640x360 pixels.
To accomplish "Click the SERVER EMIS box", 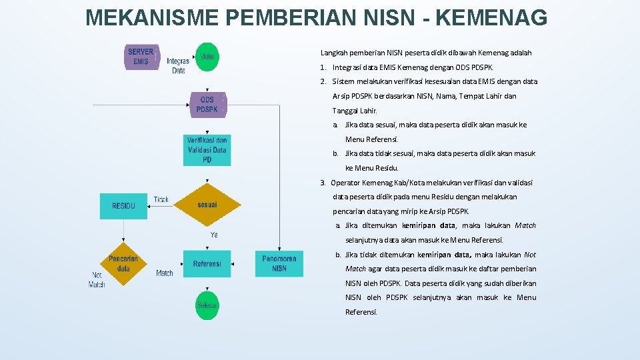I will click(141, 57).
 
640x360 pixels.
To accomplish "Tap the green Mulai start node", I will click(207, 57).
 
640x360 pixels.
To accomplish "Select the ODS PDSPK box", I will click(207, 105).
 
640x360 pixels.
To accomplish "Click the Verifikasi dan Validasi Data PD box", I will click(207, 150).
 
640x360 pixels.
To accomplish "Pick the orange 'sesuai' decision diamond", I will click(207, 205).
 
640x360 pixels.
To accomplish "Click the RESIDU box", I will click(123, 206).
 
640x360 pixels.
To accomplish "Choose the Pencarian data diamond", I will click(123, 263).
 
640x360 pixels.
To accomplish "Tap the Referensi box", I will click(207, 264).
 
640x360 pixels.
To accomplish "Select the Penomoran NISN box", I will click(279, 263).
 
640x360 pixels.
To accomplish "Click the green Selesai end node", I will click(207, 305).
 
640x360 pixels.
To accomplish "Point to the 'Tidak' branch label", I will click(161, 199).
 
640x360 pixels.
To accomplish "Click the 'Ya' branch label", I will click(214, 235).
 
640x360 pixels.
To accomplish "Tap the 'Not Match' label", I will click(97, 279).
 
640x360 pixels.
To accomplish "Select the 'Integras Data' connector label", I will click(178, 65).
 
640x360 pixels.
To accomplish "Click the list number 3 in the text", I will click(323, 183).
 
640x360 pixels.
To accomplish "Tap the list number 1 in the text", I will click(323, 67).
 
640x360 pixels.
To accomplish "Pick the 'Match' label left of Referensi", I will click(165, 273).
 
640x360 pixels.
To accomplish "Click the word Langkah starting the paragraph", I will click(334, 53).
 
